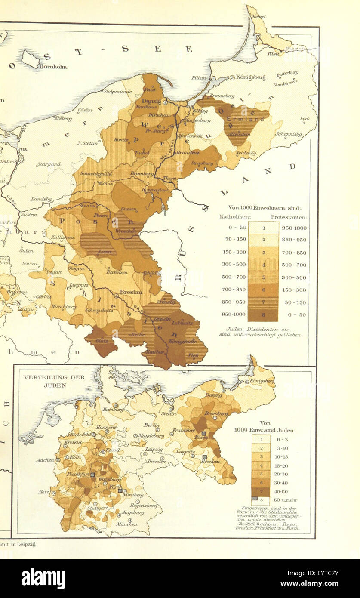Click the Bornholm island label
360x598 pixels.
click(x=53, y=66)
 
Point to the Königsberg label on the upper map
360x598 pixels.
click(x=250, y=77)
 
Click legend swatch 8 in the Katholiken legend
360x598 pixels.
click(x=264, y=314)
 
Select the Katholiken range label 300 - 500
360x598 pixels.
click(x=234, y=265)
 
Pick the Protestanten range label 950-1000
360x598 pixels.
click(x=295, y=227)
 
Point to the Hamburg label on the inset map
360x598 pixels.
click(x=113, y=410)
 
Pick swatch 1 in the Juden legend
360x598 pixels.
click(x=261, y=439)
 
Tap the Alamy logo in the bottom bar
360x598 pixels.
click(x=43, y=579)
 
